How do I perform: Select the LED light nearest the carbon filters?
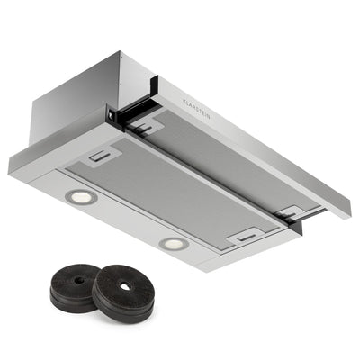point(174,243)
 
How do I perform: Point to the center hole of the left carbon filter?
point(79,279)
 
